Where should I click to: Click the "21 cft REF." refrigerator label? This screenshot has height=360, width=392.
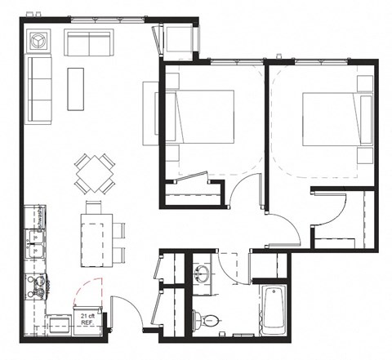tap(85, 318)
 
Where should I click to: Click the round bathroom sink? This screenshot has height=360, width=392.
tap(203, 272)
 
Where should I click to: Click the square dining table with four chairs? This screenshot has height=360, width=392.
tap(95, 173)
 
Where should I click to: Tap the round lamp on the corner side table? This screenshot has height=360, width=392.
tap(38, 40)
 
